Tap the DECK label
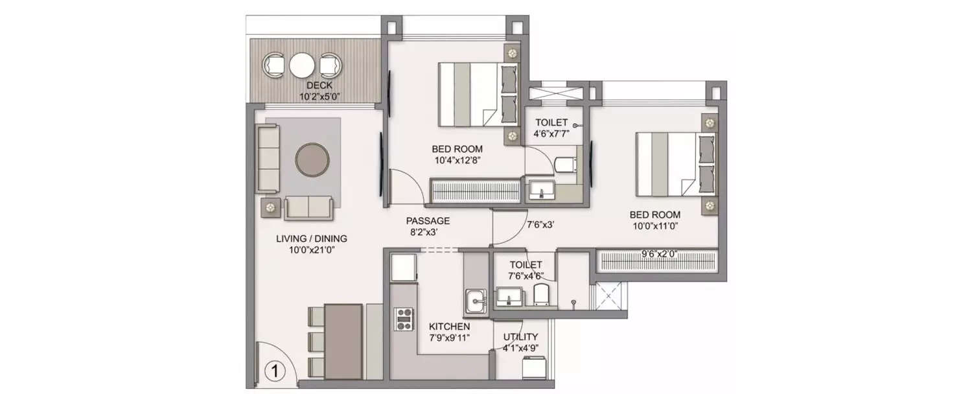click(319, 86)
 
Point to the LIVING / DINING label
click(307, 238)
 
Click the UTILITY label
click(520, 337)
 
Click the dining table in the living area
click(343, 341)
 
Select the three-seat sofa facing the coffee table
click(267, 159)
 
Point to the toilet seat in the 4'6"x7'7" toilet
click(565, 165)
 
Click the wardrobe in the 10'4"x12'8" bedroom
click(476, 192)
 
